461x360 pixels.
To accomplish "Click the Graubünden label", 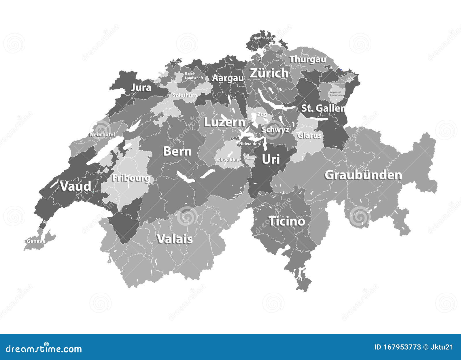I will click(x=363, y=175).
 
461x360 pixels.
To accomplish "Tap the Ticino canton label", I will click(x=287, y=221).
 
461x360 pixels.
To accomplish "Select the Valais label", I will click(x=175, y=239).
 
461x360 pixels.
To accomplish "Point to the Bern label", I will click(x=177, y=151).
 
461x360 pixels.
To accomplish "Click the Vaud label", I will click(x=75, y=186).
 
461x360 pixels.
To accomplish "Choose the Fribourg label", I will click(x=131, y=178).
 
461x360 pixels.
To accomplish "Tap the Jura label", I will click(x=141, y=87).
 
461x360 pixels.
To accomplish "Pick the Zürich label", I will click(x=269, y=73).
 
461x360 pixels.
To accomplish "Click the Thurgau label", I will click(x=308, y=59).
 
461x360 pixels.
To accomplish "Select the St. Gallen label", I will click(x=323, y=108).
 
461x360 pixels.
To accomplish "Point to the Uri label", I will click(x=271, y=159).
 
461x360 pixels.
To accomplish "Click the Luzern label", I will click(x=224, y=122).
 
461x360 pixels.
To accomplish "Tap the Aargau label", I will click(x=228, y=78).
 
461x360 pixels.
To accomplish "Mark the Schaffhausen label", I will click(x=262, y=38).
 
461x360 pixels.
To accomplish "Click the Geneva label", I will click(x=36, y=241).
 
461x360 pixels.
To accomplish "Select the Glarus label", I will click(x=309, y=135).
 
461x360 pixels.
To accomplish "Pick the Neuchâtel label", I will click(x=102, y=134).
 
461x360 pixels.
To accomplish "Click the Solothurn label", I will click(x=185, y=95).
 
